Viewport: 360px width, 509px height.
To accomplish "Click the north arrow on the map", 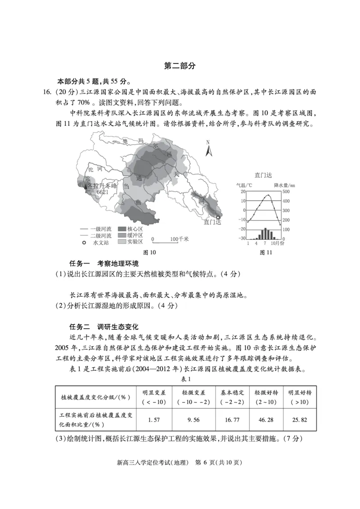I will (x=208, y=149).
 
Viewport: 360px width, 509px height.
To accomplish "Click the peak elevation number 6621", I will (x=102, y=192).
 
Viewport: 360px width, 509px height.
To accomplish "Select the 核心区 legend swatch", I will (x=122, y=229).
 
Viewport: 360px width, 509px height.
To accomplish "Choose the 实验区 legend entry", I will (x=130, y=242).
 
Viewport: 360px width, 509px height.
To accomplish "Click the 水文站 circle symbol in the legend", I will (x=84, y=242).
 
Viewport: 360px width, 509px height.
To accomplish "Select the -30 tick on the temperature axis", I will (x=242, y=238).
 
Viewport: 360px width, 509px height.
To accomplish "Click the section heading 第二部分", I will (x=180, y=66).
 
